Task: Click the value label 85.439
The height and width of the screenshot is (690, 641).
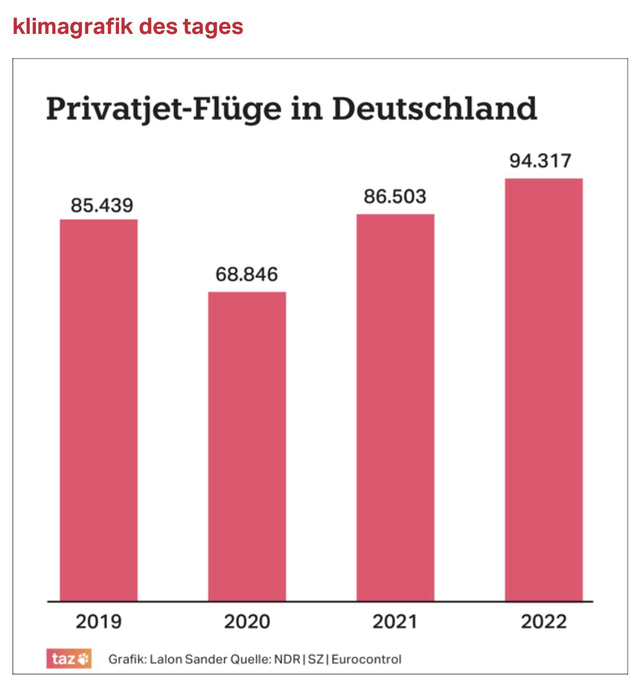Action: [x=102, y=206]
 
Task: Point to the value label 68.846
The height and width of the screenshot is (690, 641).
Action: [x=246, y=274]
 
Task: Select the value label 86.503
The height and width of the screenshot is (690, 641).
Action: [x=395, y=197]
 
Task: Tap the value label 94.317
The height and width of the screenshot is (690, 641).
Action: [x=540, y=161]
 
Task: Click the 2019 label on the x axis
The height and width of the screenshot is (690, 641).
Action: [x=99, y=622]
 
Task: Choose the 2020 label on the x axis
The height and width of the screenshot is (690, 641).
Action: [x=247, y=622]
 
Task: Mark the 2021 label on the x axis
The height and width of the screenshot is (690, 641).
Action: [x=395, y=622]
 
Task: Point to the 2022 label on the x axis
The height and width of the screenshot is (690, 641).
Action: [x=543, y=622]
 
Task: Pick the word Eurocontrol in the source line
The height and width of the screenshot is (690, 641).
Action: [x=366, y=659]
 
